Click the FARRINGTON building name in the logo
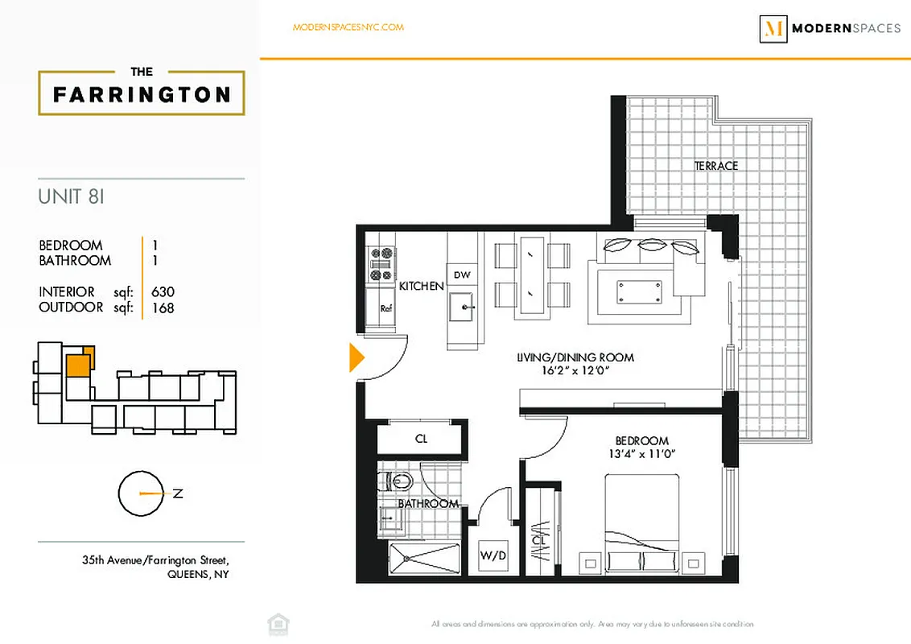pyautogui.click(x=142, y=95)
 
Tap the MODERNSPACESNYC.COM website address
pyautogui.click(x=348, y=27)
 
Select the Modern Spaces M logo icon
pyautogui.click(x=773, y=29)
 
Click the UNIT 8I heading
pyautogui.click(x=72, y=196)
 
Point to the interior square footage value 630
pyautogui.click(x=163, y=292)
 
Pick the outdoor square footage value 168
pyautogui.click(x=163, y=308)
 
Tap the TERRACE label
pyautogui.click(x=715, y=166)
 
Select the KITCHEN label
pyautogui.click(x=421, y=286)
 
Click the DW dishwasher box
pyautogui.click(x=461, y=275)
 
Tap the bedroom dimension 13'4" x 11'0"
pyautogui.click(x=641, y=454)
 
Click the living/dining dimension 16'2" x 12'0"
pyautogui.click(x=575, y=371)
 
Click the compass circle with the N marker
pyautogui.click(x=140, y=493)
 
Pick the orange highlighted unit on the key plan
pyautogui.click(x=78, y=365)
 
